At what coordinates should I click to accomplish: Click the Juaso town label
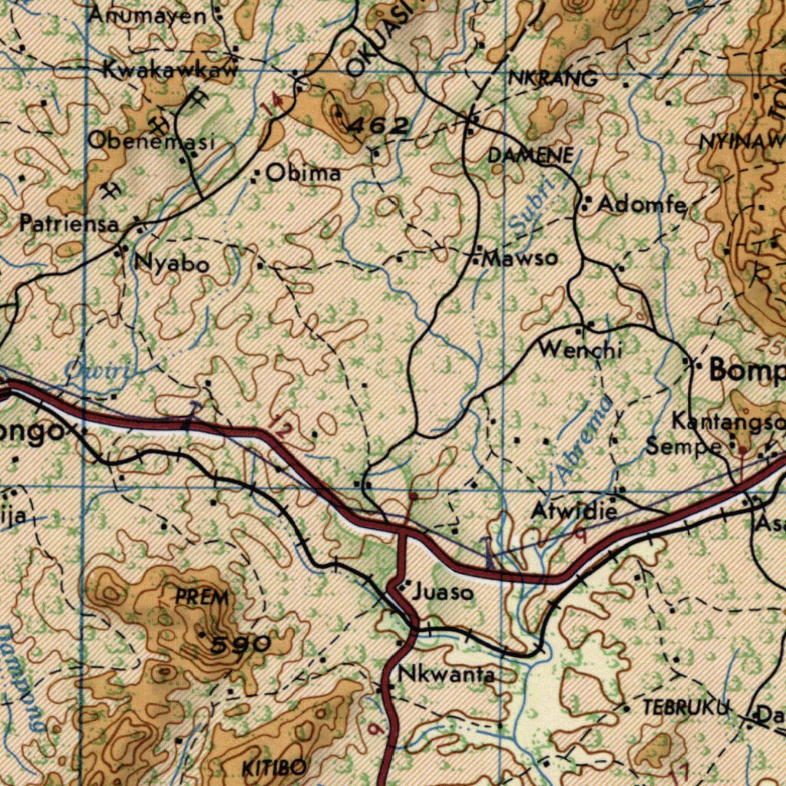tap(441, 593)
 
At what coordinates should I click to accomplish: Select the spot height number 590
tap(241, 645)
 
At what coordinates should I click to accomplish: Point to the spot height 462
tap(378, 126)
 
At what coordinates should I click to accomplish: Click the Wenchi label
tap(580, 350)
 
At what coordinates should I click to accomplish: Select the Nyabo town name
tap(171, 264)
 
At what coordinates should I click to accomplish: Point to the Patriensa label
tap(70, 224)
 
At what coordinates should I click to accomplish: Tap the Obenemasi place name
tap(150, 141)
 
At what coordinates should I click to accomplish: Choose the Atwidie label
tap(575, 510)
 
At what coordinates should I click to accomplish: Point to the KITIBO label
tap(275, 768)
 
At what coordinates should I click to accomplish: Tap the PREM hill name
tap(202, 596)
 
